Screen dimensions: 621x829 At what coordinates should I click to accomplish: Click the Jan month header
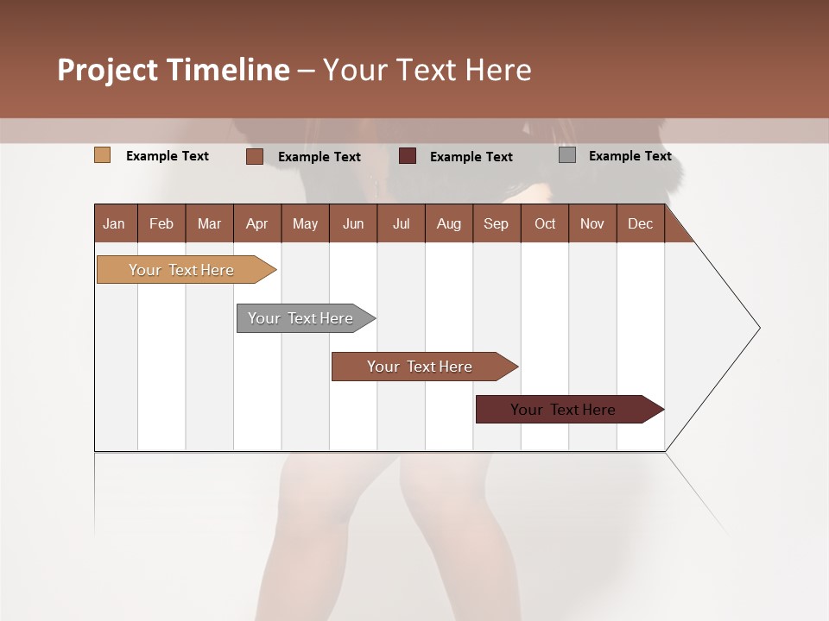[x=114, y=223]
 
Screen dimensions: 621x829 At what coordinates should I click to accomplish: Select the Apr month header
[x=256, y=223]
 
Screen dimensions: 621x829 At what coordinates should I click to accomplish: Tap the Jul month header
[x=401, y=223]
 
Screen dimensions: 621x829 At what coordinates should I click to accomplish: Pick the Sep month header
[x=496, y=223]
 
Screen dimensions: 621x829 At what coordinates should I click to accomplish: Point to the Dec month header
[x=640, y=223]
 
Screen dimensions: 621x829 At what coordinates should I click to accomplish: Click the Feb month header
[x=161, y=223]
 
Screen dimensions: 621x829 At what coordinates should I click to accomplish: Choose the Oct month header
[x=545, y=223]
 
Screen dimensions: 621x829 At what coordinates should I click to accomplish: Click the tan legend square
[x=102, y=155]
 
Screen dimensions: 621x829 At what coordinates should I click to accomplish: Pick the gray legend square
[x=567, y=155]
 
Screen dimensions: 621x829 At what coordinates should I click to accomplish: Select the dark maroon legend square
[x=408, y=155]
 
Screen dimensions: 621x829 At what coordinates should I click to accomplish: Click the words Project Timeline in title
[x=173, y=70]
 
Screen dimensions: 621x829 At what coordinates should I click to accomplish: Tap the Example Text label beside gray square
[x=630, y=156]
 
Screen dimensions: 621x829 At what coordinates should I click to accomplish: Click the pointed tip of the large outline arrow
[x=757, y=328]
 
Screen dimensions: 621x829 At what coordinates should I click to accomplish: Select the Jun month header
[x=353, y=223]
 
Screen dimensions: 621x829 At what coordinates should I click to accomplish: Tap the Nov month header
[x=592, y=223]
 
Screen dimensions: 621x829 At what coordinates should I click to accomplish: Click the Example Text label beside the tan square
[x=168, y=156]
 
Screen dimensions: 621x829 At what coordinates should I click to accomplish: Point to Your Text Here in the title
[x=427, y=70]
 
